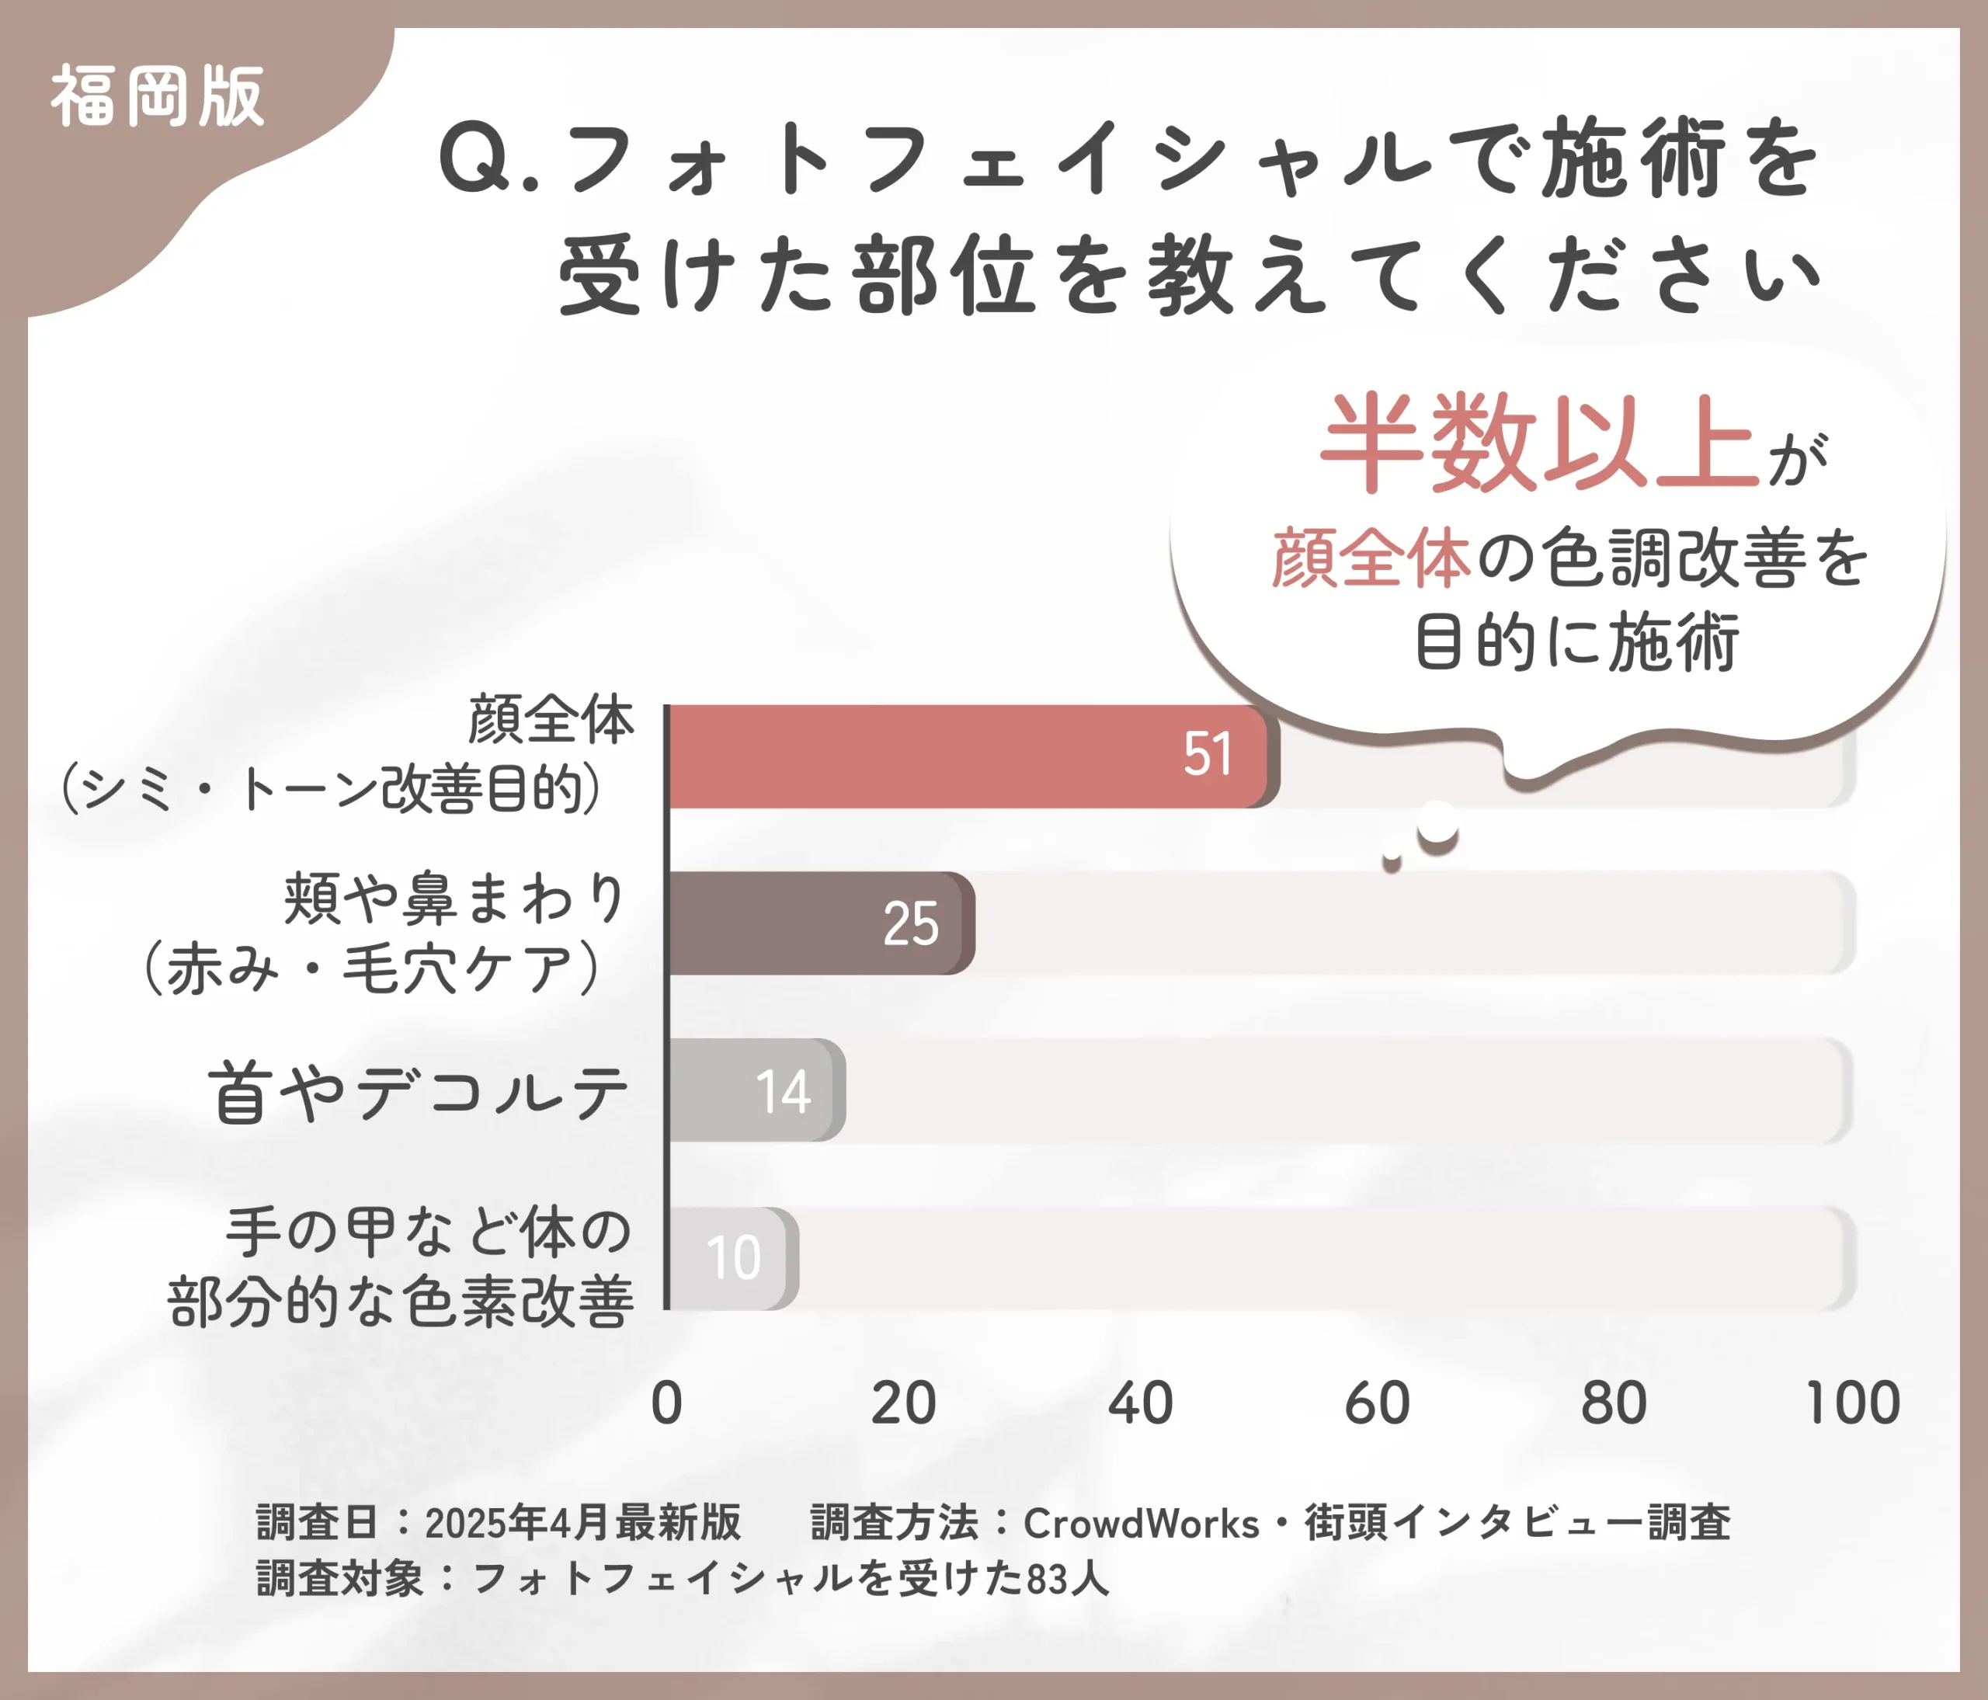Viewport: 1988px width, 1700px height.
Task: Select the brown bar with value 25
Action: [x=815, y=923]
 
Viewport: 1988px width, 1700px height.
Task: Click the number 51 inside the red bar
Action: [x=1207, y=754]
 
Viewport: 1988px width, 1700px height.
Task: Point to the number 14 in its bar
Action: [x=783, y=1092]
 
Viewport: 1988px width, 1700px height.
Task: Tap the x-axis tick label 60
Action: [x=1377, y=1403]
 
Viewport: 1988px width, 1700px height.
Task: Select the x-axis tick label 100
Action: [x=1852, y=1403]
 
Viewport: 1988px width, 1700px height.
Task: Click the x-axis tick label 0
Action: [x=666, y=1403]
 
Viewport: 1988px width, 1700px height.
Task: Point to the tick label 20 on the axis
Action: [x=903, y=1403]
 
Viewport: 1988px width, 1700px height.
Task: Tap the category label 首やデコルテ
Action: [x=419, y=1093]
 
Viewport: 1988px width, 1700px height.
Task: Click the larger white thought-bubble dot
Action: [x=1437, y=823]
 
